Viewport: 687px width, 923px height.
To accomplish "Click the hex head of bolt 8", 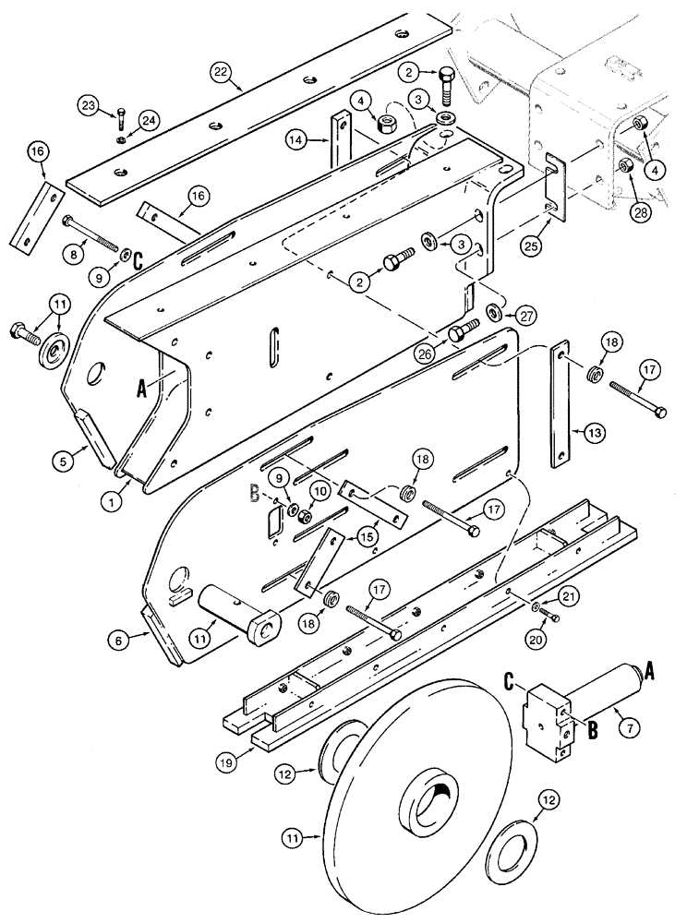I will (x=66, y=222).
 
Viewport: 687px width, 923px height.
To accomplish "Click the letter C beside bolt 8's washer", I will (x=138, y=261).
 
